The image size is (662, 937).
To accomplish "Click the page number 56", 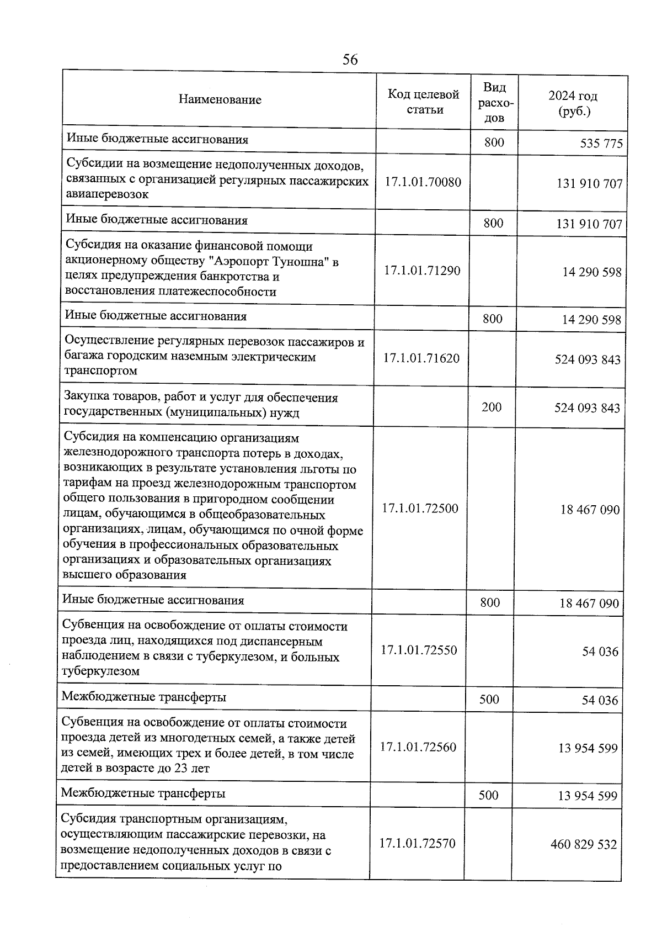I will coord(350,60).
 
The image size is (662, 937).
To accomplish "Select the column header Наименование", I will coord(220,100).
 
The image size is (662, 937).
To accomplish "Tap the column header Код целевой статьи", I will coord(423,102).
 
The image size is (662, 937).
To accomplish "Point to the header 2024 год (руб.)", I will coord(573,104).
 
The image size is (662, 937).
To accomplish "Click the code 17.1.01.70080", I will coord(423,182).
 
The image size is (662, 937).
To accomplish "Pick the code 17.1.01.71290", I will coord(422,271).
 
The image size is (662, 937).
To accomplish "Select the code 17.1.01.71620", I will coord(421,358).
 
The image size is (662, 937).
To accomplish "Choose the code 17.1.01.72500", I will coord(420,509).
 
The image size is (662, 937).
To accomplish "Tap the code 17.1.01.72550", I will coord(419,650).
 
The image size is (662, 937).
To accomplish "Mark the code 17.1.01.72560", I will coord(418,748).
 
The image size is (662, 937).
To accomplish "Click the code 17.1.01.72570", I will coord(418,844).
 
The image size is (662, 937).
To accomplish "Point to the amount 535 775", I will coord(601,144).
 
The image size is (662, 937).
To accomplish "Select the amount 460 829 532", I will coord(584,845).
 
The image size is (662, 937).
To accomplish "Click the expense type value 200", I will coord(492,407).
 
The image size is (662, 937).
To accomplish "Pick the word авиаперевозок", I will coord(108,194).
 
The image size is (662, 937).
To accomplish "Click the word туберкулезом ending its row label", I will coord(100,672).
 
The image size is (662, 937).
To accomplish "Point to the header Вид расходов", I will coord(494,103).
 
